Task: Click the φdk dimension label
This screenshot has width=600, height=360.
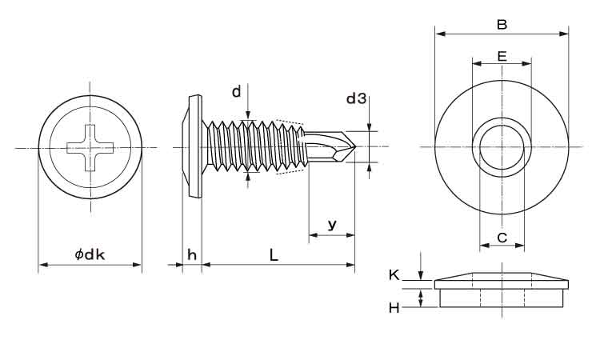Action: point(90,254)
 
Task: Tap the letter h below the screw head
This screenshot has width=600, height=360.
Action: point(191,254)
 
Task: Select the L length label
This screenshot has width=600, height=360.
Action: point(274,254)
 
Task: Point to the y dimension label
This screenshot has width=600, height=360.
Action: point(330,226)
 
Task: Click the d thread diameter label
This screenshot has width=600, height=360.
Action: point(237,92)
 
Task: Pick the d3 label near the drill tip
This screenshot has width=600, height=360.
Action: point(356,98)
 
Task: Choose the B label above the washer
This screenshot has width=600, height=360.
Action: point(502,25)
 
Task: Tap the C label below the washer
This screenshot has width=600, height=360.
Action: point(502,237)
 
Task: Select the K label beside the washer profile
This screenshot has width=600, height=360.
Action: point(394,274)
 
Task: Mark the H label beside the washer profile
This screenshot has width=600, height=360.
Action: point(394,307)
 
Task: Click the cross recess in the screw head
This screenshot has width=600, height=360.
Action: point(90,147)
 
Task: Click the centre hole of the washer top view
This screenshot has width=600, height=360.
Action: point(502,146)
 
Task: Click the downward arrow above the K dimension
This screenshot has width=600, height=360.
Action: point(422,274)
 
